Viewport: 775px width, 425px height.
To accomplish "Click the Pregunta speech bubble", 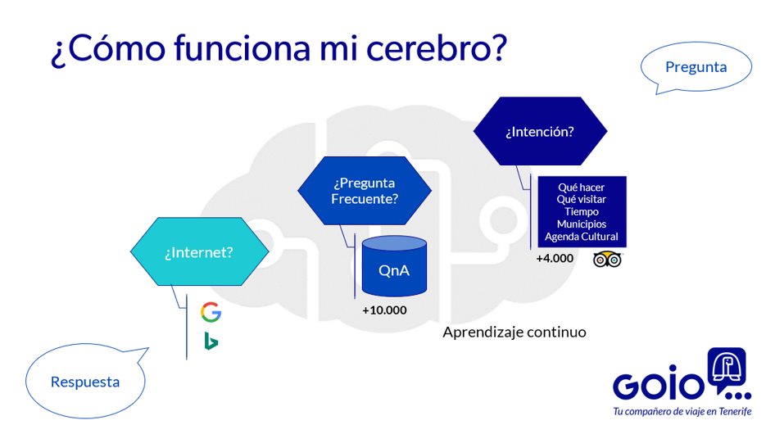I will (696, 67).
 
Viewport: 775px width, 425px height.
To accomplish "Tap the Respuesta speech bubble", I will (85, 382).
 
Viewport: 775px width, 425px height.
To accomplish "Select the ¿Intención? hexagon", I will (539, 131).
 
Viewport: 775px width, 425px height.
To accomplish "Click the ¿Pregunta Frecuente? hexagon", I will (365, 190).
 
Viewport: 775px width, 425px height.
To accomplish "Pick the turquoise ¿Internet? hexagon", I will (198, 252).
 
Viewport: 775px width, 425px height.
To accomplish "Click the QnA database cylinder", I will (394, 268).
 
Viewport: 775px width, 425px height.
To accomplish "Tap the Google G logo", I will (211, 312).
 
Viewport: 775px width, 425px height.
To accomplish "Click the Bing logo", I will (211, 341).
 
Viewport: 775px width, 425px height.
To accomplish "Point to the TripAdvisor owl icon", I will (607, 259).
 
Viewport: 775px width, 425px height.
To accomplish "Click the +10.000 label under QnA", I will (384, 310).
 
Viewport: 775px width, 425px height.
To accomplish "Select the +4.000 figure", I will (555, 258).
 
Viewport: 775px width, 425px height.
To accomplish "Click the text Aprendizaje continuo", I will (514, 332).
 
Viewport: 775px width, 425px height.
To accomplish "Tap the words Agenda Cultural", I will (581, 237).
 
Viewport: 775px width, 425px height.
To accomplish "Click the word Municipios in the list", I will (581, 224).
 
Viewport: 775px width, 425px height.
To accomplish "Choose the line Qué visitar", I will (581, 199).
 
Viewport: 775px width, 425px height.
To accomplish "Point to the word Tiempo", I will (581, 211).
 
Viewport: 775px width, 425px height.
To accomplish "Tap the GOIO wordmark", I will (658, 387).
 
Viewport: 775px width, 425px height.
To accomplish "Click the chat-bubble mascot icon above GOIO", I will (727, 368).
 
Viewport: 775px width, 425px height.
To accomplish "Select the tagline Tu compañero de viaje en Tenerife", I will (682, 412).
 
